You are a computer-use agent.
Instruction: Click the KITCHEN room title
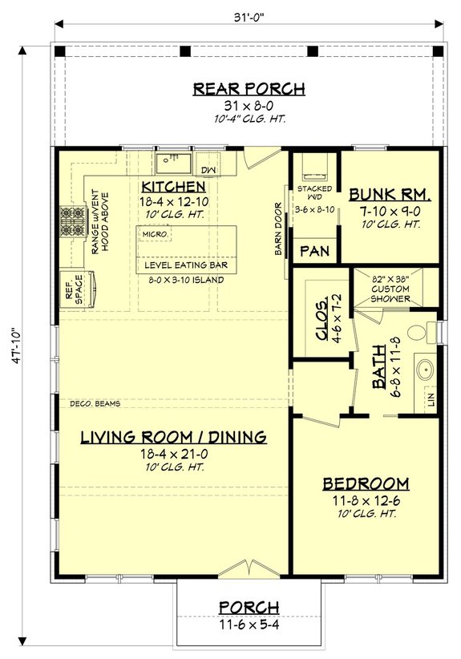[x=175, y=187]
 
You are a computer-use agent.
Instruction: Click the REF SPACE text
[x=71, y=289]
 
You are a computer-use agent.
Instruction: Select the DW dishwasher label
[x=208, y=170]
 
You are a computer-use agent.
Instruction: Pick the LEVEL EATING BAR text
[x=185, y=264]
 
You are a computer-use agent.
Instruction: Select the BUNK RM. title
[x=390, y=194]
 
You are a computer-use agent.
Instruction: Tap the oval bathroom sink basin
[x=425, y=370]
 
